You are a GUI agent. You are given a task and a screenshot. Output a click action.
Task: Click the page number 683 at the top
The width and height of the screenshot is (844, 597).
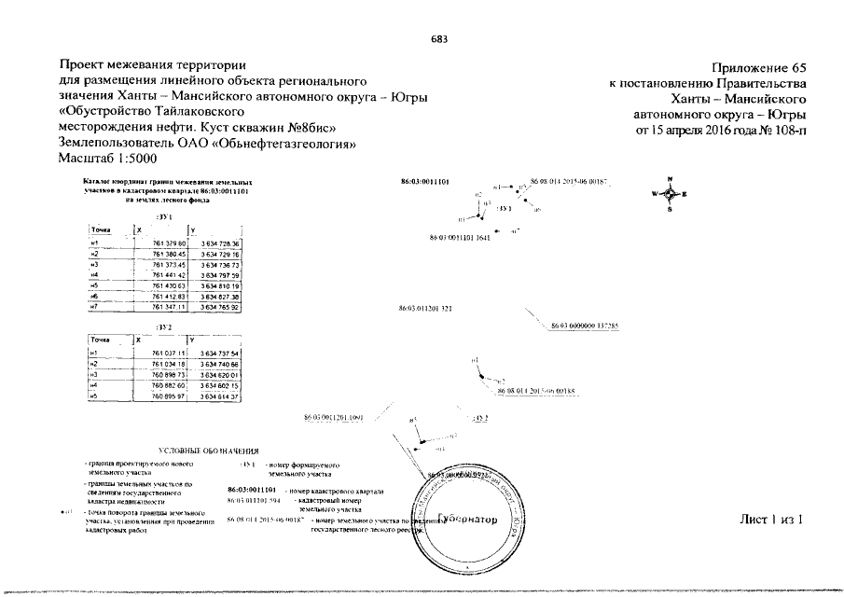439,38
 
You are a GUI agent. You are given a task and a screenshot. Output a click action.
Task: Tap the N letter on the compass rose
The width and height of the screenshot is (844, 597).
670,178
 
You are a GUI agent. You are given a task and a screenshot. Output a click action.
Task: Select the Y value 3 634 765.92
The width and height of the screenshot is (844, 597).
220,307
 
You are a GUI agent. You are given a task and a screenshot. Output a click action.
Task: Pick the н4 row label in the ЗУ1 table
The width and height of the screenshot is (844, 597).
93,275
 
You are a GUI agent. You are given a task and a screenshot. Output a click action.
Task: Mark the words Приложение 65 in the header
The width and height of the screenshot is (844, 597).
757,67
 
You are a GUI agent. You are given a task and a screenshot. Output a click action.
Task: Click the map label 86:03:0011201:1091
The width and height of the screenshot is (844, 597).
333,417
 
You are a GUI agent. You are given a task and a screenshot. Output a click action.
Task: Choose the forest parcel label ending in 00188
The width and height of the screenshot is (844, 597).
536,393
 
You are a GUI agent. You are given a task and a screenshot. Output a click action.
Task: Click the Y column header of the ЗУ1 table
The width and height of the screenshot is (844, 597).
192,229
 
